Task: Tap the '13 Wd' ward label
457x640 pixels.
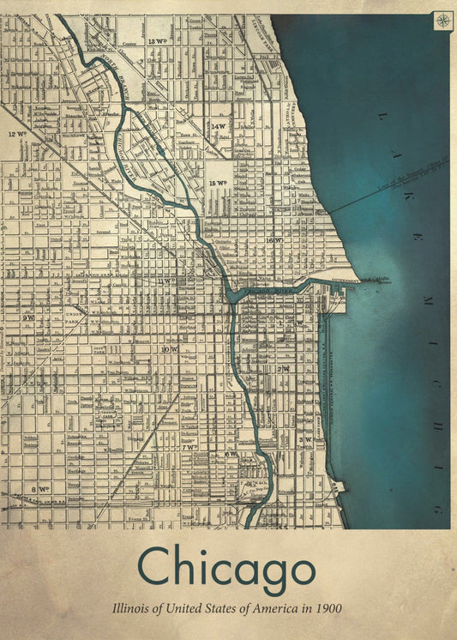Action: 156,41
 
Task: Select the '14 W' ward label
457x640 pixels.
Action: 219,126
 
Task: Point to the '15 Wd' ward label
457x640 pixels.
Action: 218,183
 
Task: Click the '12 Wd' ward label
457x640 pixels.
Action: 17,135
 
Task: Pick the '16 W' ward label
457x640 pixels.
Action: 274,241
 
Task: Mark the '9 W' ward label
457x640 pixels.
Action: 28,317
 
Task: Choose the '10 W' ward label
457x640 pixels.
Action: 169,350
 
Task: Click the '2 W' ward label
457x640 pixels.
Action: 283,368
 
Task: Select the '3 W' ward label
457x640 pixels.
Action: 304,438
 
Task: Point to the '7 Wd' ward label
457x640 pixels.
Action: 189,447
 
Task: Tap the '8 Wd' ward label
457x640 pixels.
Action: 39,489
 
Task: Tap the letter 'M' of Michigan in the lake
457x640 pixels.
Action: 426,302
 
